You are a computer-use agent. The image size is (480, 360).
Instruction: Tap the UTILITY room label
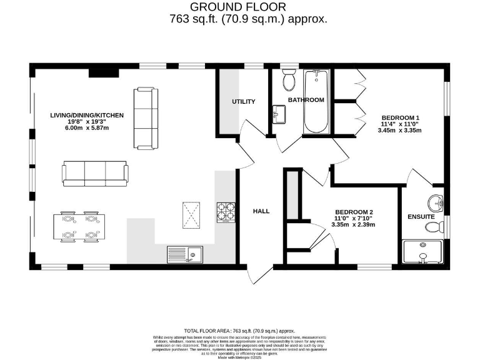(244, 102)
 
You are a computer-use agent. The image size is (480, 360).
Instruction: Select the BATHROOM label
(306, 100)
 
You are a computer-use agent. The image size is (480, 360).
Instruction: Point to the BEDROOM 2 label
(354, 212)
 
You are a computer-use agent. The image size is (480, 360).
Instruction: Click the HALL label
(261, 211)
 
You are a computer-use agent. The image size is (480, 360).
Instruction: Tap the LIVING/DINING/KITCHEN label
(87, 116)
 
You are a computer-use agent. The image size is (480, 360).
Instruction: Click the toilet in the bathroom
(289, 81)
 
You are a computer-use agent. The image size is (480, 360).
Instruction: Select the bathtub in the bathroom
(315, 101)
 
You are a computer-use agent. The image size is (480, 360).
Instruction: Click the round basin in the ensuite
(436, 202)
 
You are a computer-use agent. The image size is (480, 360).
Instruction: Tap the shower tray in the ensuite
(423, 251)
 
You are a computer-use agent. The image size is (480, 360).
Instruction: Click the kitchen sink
(184, 254)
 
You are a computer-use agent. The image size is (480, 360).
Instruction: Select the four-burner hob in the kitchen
(226, 212)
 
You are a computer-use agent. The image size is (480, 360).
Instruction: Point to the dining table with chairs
(78, 227)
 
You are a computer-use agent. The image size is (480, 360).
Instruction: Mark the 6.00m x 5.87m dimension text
(87, 128)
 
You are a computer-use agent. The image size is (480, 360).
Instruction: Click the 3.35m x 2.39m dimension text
(354, 224)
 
